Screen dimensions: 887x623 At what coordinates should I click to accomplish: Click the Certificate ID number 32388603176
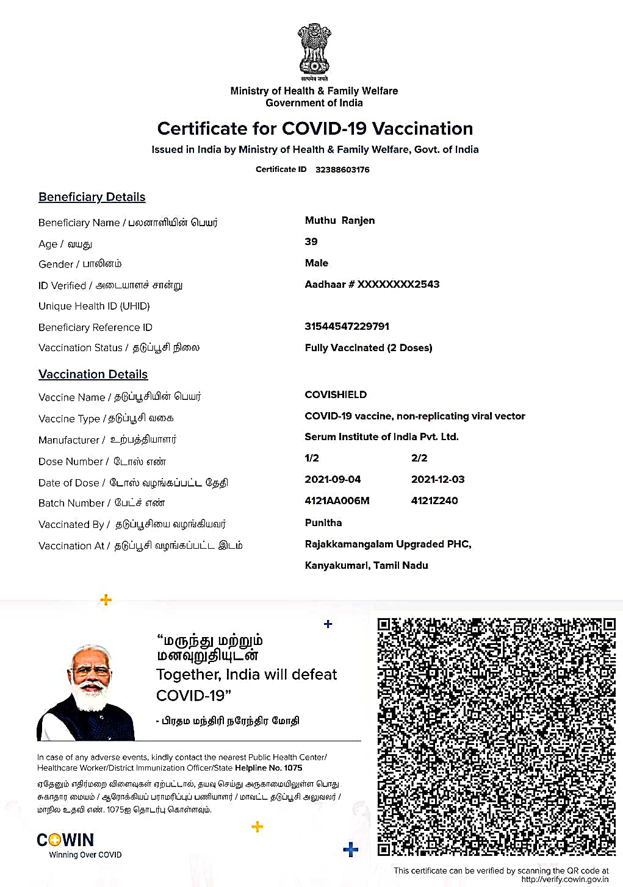(x=342, y=169)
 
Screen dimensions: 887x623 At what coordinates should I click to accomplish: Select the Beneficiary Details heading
(x=92, y=197)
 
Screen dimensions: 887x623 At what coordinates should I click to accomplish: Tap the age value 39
(x=311, y=241)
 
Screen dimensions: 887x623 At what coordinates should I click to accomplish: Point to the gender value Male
(x=317, y=263)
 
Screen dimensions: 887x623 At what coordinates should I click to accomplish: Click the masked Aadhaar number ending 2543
(x=372, y=284)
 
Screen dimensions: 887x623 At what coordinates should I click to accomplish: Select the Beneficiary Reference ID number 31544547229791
(x=347, y=326)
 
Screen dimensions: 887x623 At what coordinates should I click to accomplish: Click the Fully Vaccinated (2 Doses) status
(x=369, y=347)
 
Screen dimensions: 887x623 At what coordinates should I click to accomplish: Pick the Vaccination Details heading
(x=93, y=374)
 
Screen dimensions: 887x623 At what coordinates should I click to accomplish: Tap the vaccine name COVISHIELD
(x=336, y=394)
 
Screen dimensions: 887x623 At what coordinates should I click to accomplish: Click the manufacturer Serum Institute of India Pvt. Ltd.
(x=381, y=436)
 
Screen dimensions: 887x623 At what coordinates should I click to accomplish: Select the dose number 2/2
(x=419, y=458)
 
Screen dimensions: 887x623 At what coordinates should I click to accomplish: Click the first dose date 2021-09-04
(x=333, y=479)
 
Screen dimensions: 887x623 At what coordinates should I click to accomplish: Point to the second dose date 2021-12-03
(x=438, y=479)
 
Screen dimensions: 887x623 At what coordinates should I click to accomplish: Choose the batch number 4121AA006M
(x=337, y=500)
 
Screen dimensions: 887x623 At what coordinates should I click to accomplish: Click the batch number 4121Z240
(x=434, y=500)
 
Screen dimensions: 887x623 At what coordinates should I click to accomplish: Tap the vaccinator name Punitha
(x=323, y=522)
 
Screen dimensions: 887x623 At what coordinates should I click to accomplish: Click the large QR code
(x=496, y=736)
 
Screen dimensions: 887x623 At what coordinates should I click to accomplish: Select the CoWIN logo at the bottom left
(x=65, y=840)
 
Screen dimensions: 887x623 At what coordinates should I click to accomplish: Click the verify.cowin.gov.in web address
(x=564, y=879)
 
